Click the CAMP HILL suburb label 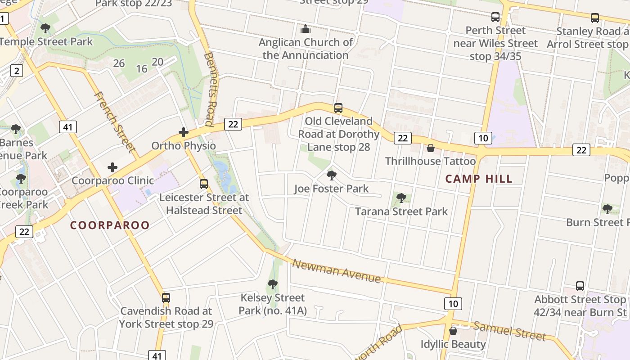pyautogui.click(x=479, y=179)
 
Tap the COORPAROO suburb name pyautogui.click(x=110, y=225)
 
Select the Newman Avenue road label pyautogui.click(x=337, y=270)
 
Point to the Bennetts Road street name pyautogui.click(x=208, y=89)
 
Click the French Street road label pyautogui.click(x=115, y=121)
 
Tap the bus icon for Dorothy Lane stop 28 pyautogui.click(x=338, y=108)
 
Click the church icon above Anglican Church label pyautogui.click(x=306, y=29)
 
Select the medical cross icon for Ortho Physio pyautogui.click(x=183, y=132)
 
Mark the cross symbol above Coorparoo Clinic pyautogui.click(x=112, y=168)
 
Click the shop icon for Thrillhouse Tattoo pyautogui.click(x=431, y=148)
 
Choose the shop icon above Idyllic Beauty pyautogui.click(x=453, y=331)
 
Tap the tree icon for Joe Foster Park pyautogui.click(x=332, y=175)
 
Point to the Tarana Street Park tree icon pyautogui.click(x=401, y=198)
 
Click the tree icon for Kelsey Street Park pyautogui.click(x=272, y=284)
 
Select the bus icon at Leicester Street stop pyautogui.click(x=204, y=184)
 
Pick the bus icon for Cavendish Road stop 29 pyautogui.click(x=166, y=297)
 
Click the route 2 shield pyautogui.click(x=17, y=71)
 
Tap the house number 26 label pyautogui.click(x=119, y=63)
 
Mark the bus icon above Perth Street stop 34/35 pyautogui.click(x=495, y=17)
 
